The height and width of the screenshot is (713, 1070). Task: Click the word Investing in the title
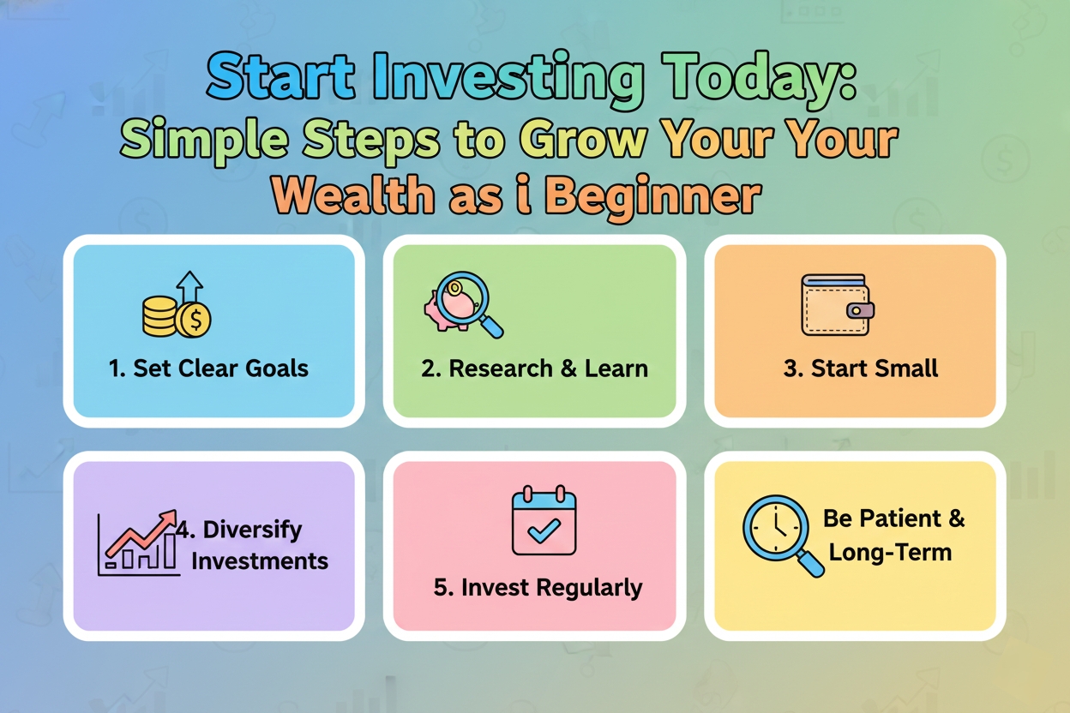(498, 80)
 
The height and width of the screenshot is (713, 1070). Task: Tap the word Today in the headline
(754, 80)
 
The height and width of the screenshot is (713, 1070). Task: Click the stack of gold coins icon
(160, 316)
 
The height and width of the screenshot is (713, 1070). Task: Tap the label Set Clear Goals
(208, 368)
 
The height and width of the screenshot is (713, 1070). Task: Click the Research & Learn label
(534, 368)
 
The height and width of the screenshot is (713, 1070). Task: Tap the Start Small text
(861, 368)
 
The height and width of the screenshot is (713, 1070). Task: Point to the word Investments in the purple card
(260, 561)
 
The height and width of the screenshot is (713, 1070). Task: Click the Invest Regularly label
(538, 588)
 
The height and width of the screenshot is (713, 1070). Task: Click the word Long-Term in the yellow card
(890, 551)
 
